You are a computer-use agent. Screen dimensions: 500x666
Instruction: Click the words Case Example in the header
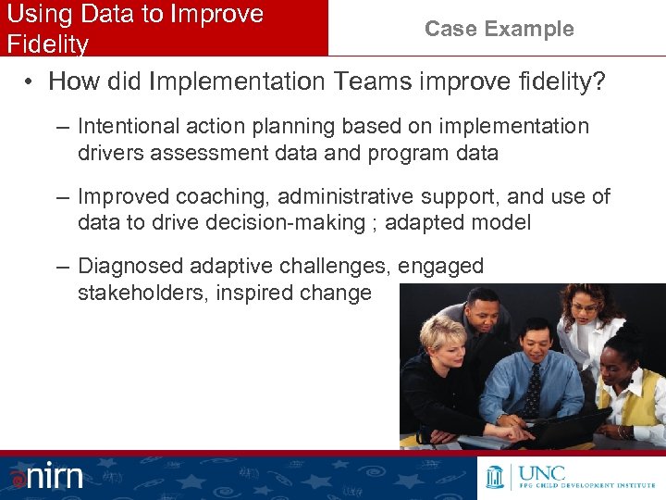499,29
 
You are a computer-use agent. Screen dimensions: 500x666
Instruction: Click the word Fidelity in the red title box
47,44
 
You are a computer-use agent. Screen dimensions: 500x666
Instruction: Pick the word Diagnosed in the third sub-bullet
130,267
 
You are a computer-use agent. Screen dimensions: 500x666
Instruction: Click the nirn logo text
55,477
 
